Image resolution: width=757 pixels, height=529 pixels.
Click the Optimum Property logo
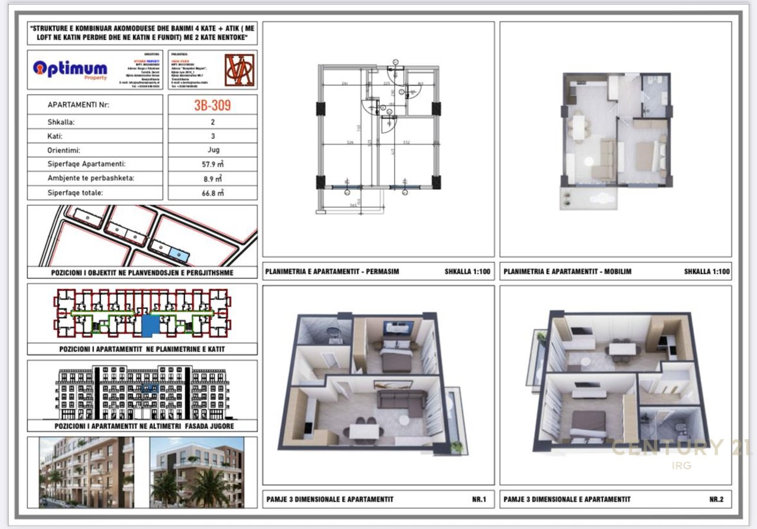(x=70, y=69)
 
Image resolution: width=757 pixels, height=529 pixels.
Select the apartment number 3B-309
(x=212, y=105)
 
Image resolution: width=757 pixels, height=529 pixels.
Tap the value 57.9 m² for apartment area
(x=212, y=164)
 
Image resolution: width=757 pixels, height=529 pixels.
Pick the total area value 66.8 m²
(x=212, y=193)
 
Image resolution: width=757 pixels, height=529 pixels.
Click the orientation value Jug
(x=212, y=150)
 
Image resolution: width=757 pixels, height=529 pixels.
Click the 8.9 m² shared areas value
(x=212, y=179)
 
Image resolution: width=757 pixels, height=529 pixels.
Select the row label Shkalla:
(x=62, y=122)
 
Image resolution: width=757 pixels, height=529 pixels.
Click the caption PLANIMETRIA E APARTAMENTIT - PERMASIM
(x=332, y=272)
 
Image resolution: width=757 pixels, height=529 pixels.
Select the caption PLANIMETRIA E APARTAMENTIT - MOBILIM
(x=567, y=272)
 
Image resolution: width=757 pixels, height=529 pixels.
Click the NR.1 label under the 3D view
(x=478, y=499)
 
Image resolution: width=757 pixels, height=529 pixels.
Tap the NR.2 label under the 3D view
(x=716, y=499)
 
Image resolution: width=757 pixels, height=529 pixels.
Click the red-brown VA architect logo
(x=240, y=69)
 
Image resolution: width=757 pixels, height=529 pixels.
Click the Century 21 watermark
(x=680, y=452)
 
